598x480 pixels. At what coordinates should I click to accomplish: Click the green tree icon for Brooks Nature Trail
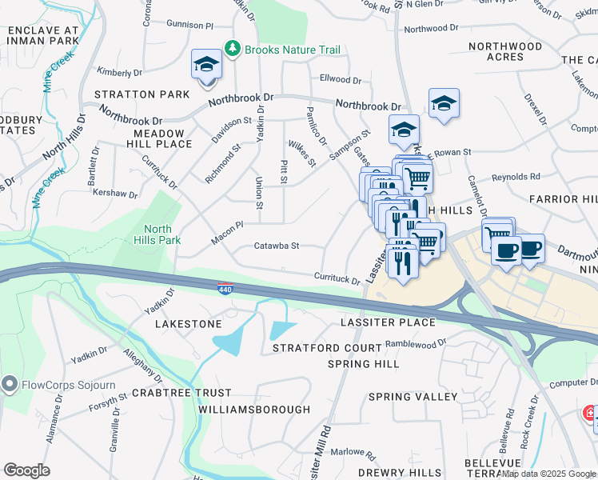(233, 50)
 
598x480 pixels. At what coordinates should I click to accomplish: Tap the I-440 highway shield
(227, 287)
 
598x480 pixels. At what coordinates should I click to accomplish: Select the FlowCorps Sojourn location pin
(10, 384)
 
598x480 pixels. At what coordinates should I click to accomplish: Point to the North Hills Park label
(161, 234)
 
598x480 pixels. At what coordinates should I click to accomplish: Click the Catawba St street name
(276, 246)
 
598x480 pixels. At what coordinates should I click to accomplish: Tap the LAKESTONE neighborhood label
(188, 324)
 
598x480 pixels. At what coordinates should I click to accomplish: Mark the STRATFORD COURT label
(327, 349)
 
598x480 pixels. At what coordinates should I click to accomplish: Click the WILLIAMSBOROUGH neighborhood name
(253, 410)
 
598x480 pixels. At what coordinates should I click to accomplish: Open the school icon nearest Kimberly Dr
(206, 65)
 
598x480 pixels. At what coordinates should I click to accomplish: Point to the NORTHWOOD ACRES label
(505, 52)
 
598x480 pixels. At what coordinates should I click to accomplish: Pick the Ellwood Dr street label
(341, 79)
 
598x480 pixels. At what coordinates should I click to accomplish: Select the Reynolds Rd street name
(516, 177)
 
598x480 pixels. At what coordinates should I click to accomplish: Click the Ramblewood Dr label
(415, 343)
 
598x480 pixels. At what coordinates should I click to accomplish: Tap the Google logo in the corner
(27, 470)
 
